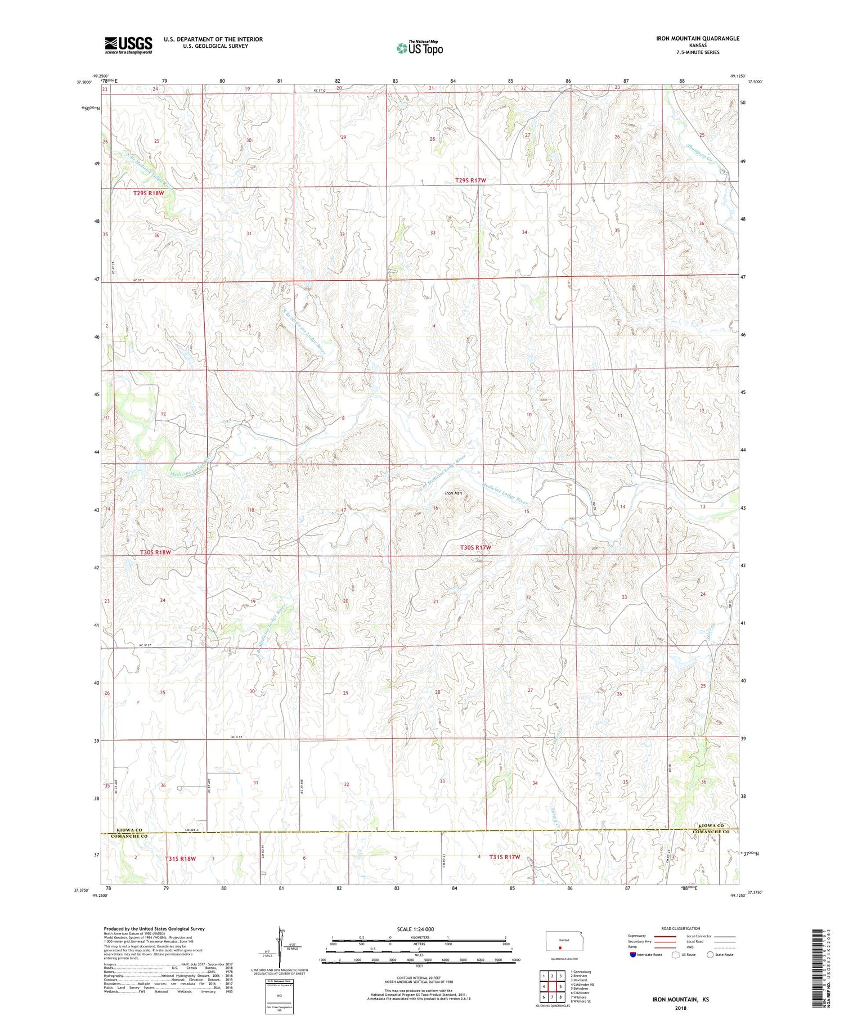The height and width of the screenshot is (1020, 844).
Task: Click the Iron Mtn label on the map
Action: (x=453, y=493)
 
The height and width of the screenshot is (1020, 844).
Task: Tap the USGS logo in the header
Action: (x=128, y=45)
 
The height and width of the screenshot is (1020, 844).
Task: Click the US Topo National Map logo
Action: (x=420, y=48)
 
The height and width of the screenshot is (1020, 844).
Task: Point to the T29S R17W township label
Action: (x=470, y=180)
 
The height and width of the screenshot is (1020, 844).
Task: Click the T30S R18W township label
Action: (x=155, y=552)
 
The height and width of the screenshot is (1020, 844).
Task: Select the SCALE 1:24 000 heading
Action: (x=416, y=929)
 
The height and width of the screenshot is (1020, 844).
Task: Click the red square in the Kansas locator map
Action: (x=560, y=946)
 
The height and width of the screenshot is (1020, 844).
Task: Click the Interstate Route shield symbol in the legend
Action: (x=633, y=955)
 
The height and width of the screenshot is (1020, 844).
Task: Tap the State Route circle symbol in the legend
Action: (x=710, y=954)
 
